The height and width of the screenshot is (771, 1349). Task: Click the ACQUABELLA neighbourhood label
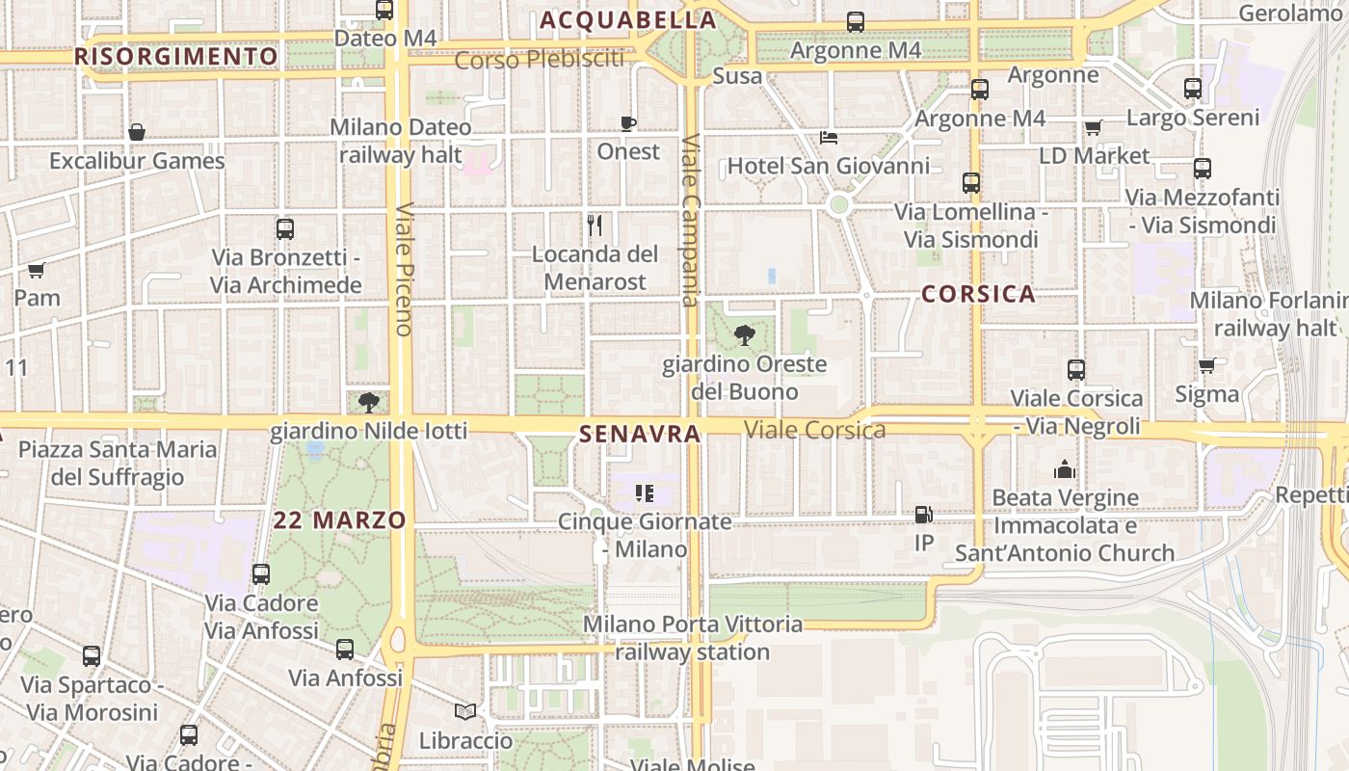coord(628,20)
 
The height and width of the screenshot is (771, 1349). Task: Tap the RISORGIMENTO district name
coord(176,57)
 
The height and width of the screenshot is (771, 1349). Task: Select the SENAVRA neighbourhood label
coord(640,435)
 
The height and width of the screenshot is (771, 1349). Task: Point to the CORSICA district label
coord(978,294)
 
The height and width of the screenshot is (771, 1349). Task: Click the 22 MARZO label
coord(339,520)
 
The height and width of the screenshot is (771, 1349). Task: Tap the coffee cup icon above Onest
coord(628,123)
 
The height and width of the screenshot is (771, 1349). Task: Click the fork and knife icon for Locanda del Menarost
coord(595,226)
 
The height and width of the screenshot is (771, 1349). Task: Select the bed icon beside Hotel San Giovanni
coord(828,138)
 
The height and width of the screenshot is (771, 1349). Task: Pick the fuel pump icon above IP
coord(923,515)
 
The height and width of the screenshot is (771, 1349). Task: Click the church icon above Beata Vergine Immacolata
coord(1065,469)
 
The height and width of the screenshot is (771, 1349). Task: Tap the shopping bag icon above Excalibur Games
coord(137,132)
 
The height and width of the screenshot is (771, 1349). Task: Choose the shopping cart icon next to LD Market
coord(1093,127)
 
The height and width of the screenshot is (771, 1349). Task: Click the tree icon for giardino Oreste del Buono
coord(744,335)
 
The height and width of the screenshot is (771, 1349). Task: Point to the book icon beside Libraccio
coord(465,712)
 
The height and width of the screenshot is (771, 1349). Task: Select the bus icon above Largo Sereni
coord(1193,89)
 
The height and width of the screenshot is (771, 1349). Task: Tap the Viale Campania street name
coord(691,219)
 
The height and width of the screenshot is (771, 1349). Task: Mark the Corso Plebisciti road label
coord(539,60)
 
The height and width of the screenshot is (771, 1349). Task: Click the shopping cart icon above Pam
coord(37,270)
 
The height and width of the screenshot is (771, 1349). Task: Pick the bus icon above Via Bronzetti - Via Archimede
coord(285,229)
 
